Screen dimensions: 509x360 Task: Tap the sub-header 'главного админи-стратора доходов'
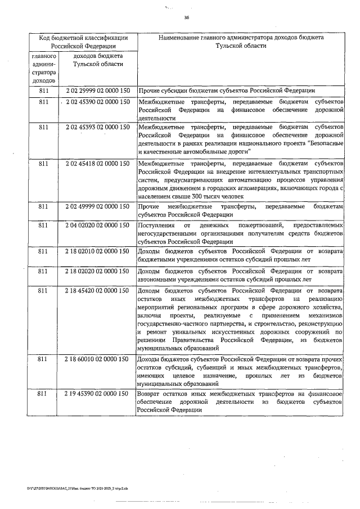44,69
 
